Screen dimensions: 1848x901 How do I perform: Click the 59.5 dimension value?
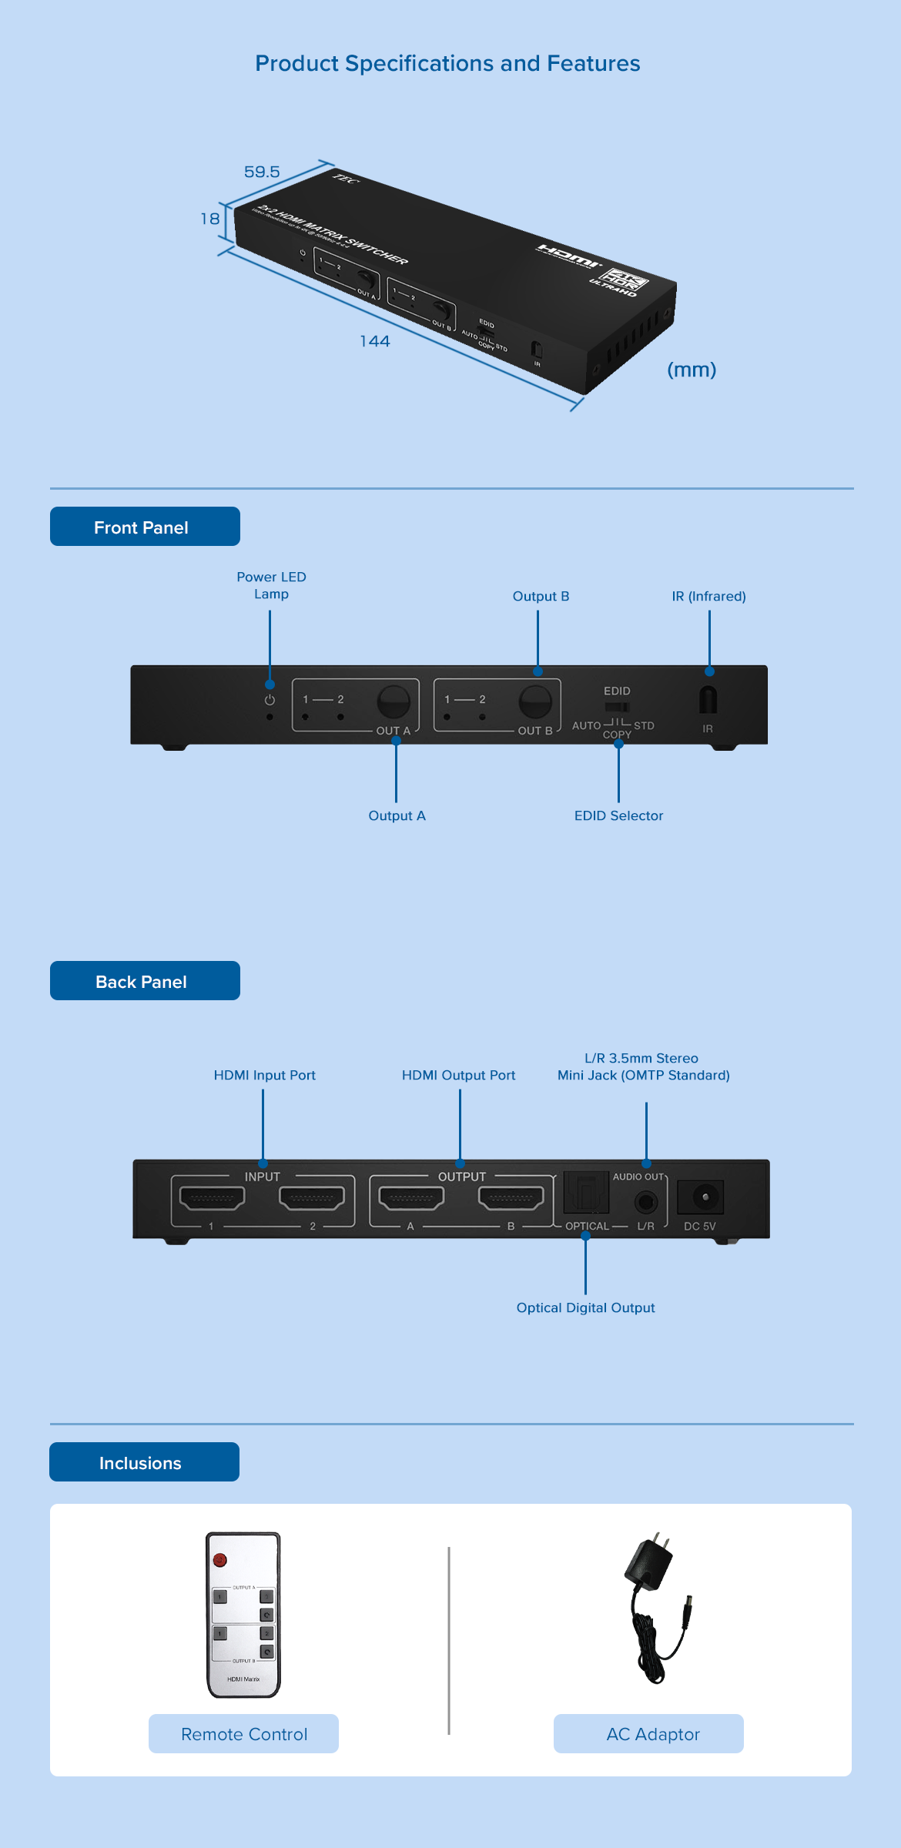(x=262, y=172)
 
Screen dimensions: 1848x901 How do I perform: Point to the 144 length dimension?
(x=375, y=341)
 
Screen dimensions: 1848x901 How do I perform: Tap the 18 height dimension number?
(x=209, y=219)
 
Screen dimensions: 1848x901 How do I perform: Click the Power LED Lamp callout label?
(x=271, y=585)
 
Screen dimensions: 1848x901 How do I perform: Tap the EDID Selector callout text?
(x=618, y=815)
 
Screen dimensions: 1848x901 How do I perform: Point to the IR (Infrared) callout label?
(x=708, y=596)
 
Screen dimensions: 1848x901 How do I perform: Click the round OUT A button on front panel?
(x=393, y=701)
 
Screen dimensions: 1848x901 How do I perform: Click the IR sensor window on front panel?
(x=708, y=699)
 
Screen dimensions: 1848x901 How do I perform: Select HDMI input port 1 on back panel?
(x=212, y=1197)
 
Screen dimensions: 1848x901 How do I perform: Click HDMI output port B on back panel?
(x=511, y=1197)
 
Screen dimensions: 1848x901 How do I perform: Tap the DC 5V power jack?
(x=704, y=1197)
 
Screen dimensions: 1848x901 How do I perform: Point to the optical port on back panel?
(x=586, y=1193)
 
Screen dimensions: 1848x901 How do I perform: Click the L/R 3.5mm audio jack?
(x=646, y=1200)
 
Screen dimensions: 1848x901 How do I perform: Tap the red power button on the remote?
(x=220, y=1560)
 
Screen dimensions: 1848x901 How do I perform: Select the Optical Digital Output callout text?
(x=585, y=1307)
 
